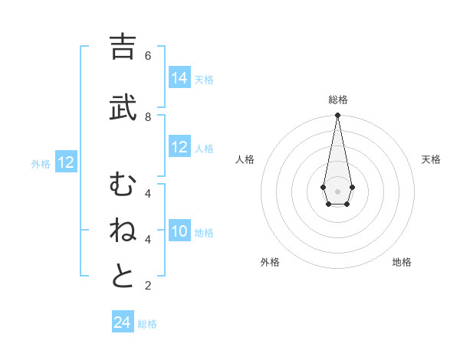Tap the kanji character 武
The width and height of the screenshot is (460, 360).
(123, 109)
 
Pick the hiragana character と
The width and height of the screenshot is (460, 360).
(123, 277)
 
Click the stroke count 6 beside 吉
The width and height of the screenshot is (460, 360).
(148, 56)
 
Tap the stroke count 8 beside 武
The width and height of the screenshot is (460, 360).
(148, 116)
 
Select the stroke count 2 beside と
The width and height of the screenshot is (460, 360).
(148, 286)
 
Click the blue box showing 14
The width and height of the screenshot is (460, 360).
(179, 78)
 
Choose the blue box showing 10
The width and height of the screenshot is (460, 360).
(179, 231)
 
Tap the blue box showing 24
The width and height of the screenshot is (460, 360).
(122, 322)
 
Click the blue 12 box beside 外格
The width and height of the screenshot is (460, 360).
(66, 162)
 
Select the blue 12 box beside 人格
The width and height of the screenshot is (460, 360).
(179, 147)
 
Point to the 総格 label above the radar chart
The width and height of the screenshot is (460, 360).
(337, 100)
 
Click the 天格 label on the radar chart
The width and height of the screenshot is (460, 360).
(431, 159)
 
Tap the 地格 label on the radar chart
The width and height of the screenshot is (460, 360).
(402, 262)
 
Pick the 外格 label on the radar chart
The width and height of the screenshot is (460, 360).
(270, 262)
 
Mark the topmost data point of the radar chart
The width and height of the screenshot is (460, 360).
(337, 115)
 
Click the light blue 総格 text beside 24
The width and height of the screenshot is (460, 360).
(147, 324)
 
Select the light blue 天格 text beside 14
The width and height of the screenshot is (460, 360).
(204, 80)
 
